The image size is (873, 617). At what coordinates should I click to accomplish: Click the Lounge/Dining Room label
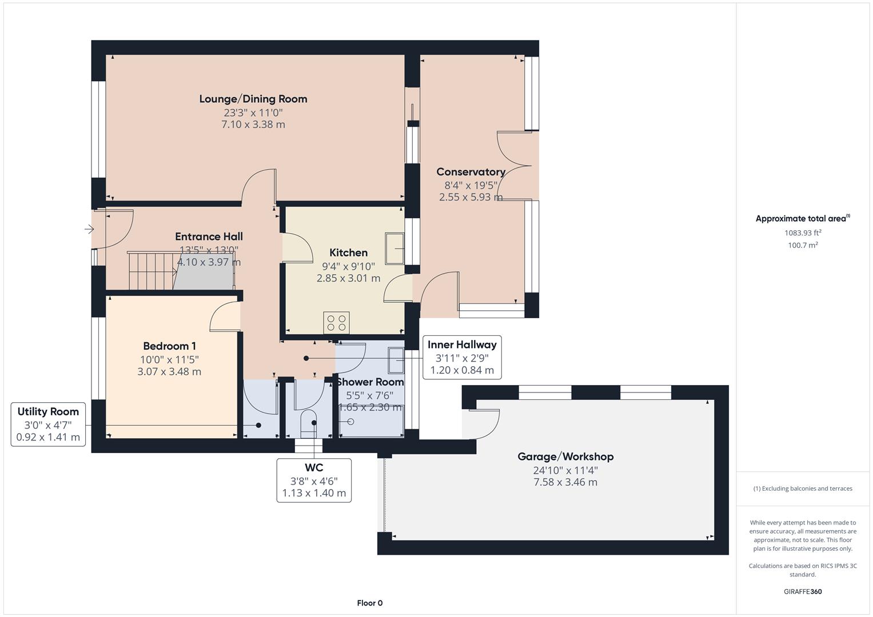[x=253, y=99]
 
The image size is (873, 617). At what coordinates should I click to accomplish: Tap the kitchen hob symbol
[x=336, y=323]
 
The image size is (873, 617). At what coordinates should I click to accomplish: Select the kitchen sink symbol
[x=394, y=248]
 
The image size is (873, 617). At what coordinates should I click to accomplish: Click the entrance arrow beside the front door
[x=89, y=229]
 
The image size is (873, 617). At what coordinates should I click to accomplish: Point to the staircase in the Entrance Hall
[x=152, y=271]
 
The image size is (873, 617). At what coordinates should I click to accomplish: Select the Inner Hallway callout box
[x=462, y=357]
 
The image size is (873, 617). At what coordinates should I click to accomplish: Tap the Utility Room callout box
[x=48, y=424]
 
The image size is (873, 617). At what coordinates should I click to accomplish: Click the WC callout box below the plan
[x=314, y=480]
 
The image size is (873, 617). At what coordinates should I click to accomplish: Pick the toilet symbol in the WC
[x=308, y=423]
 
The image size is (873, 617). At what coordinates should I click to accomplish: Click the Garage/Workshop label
[x=565, y=456]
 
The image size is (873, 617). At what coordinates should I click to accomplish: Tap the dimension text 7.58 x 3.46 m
[x=565, y=482]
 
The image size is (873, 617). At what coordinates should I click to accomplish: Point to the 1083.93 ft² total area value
[x=802, y=233]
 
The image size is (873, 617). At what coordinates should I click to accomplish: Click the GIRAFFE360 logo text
[x=802, y=591]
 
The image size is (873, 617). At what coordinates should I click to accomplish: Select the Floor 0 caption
[x=369, y=603]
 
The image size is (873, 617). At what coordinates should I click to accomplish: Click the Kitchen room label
[x=348, y=253]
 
